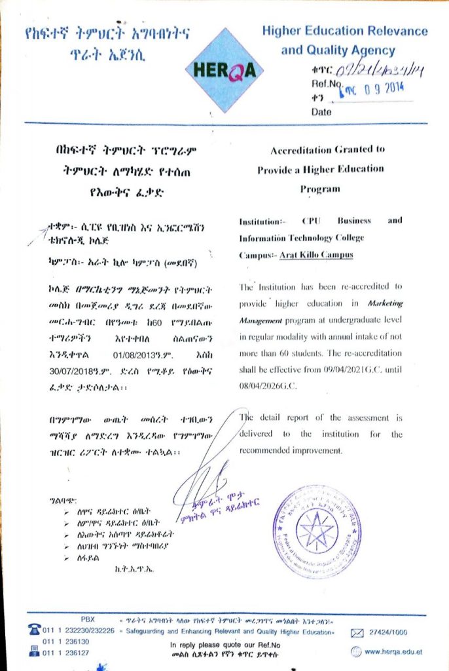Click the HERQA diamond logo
click(224, 69)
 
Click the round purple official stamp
click(317, 531)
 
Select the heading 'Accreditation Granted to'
click(327, 150)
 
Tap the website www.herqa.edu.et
click(393, 651)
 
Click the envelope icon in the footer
click(357, 633)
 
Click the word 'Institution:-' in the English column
click(260, 221)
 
